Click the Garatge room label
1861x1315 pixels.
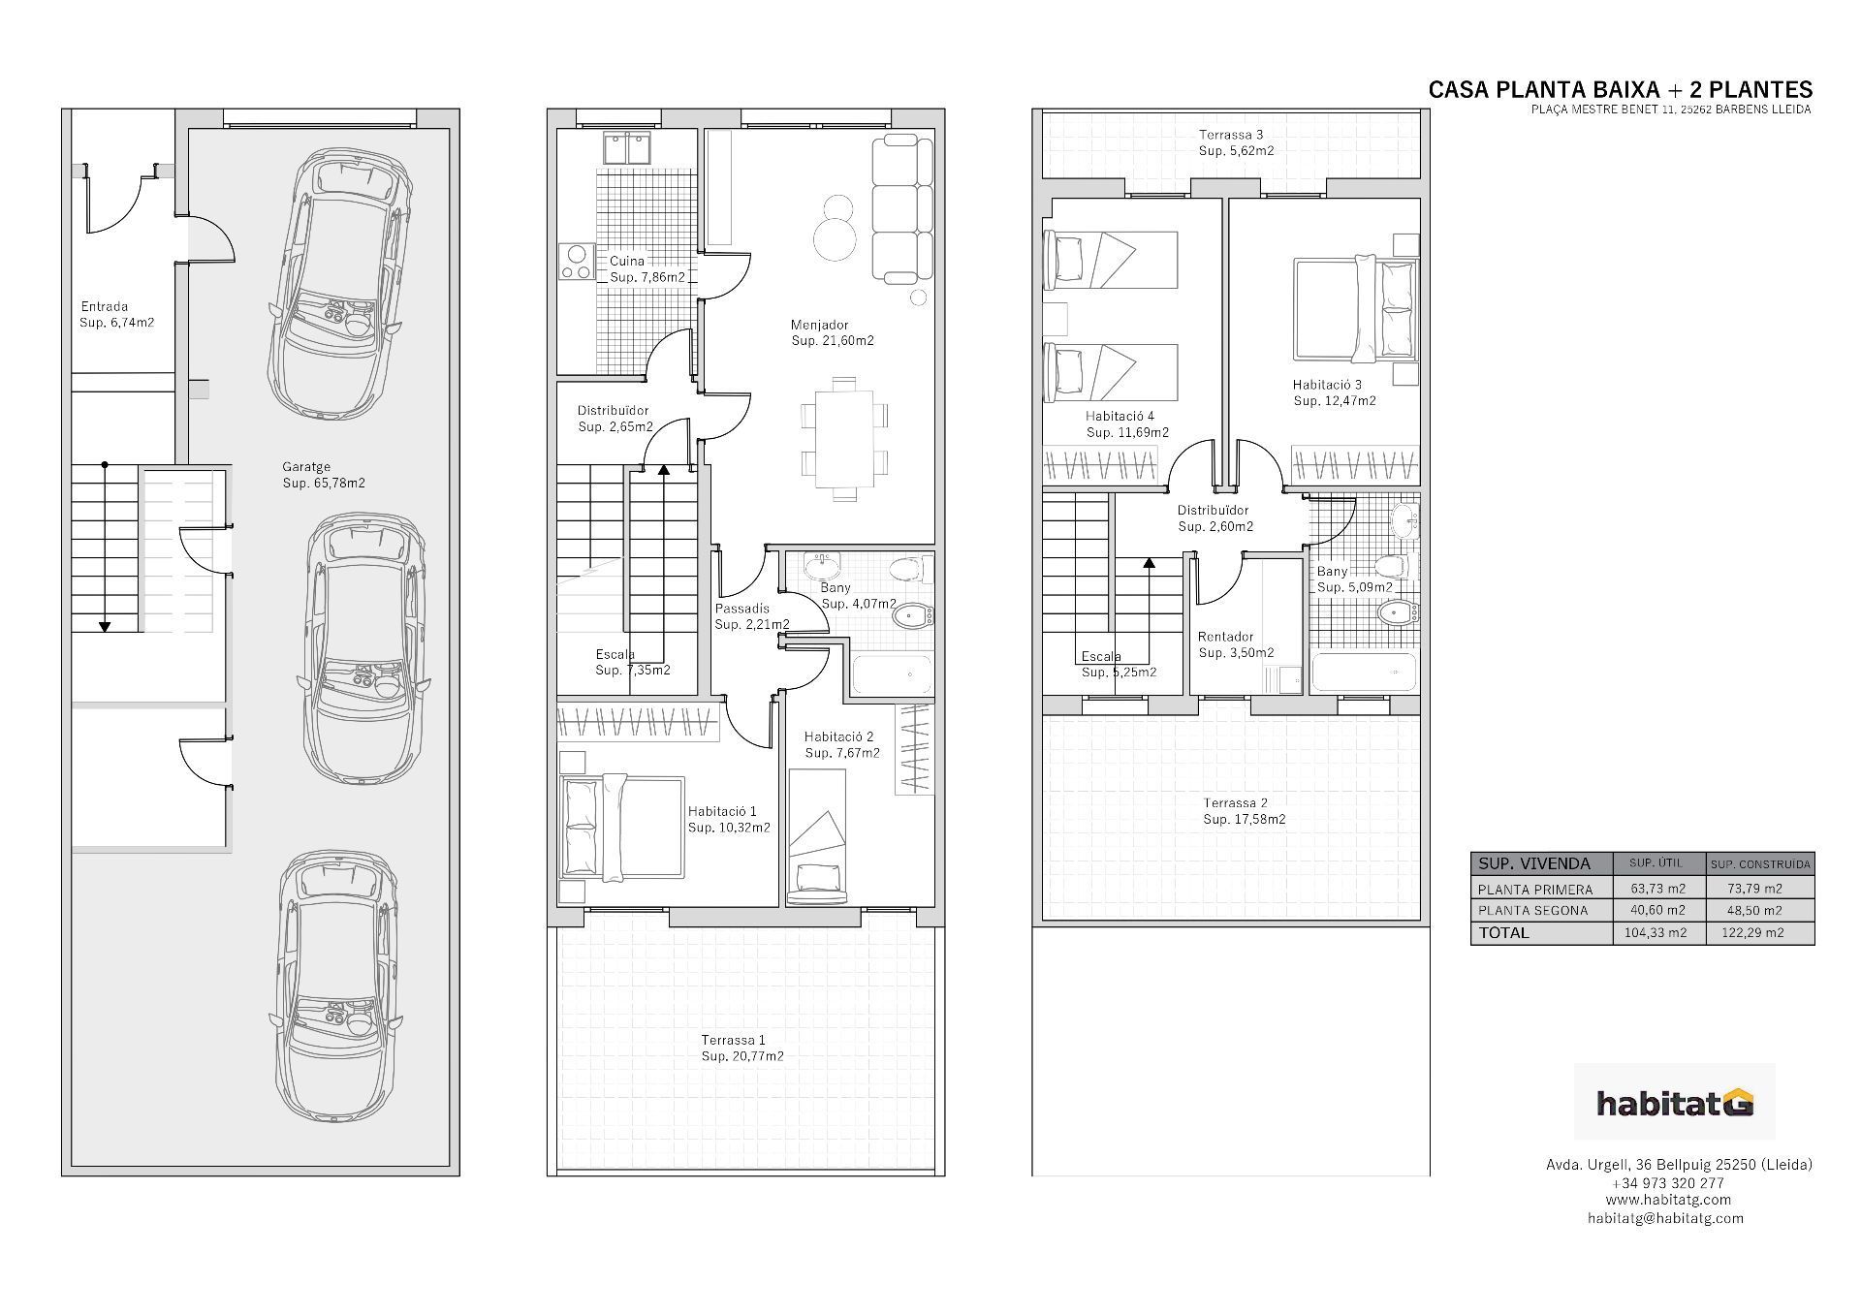tap(323, 475)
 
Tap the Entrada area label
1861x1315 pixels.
tap(116, 315)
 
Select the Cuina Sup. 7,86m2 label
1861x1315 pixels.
tap(647, 269)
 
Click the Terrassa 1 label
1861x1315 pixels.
tap(741, 1048)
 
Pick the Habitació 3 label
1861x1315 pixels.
tap(1334, 392)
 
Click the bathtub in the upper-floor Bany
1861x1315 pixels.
tap(1363, 672)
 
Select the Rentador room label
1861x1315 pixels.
tap(1235, 644)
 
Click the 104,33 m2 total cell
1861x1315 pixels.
tap(1656, 933)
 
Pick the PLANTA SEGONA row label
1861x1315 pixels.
tap(1532, 911)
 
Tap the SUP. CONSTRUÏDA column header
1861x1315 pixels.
tap(1760, 863)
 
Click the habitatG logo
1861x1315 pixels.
tap(1674, 1103)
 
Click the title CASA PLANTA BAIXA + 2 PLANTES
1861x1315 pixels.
tap(1620, 90)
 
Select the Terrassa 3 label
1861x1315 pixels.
tap(1235, 142)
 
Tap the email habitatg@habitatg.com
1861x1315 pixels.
tap(1665, 1218)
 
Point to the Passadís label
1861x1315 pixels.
tap(751, 616)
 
